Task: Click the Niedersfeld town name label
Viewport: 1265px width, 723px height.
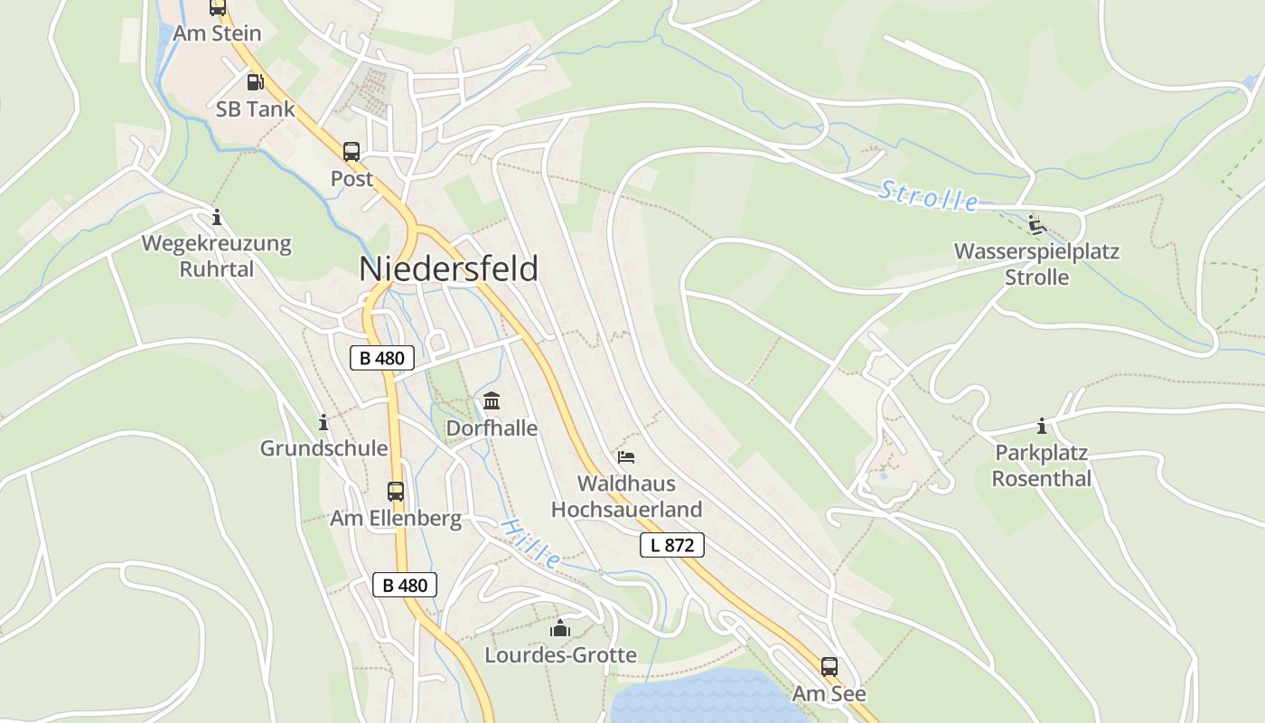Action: [x=449, y=269]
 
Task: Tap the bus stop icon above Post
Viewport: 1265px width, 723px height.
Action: [x=351, y=152]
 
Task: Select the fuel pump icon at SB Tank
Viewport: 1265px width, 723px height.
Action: [x=256, y=82]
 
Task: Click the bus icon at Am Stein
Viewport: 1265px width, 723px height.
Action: [x=218, y=7]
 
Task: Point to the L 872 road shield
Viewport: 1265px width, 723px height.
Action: [x=671, y=545]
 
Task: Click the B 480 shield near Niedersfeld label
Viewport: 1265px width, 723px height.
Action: [x=381, y=358]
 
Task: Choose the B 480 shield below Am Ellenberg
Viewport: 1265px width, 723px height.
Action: [x=405, y=585]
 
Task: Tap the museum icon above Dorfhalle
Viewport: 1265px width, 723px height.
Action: [x=492, y=400]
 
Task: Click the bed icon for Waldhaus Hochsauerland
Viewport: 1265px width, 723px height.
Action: [x=626, y=457]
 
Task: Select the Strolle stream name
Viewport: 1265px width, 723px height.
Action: [x=929, y=196]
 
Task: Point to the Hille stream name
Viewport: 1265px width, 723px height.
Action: [x=531, y=542]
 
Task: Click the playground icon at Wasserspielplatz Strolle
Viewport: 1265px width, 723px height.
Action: [x=1036, y=224]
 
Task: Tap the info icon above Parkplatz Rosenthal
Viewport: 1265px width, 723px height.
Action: [x=1042, y=426]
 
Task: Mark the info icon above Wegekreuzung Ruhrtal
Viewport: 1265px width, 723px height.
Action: [x=216, y=217]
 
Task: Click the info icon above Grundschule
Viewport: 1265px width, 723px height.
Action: [x=323, y=422]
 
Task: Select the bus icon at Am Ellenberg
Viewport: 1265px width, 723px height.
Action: [x=396, y=492]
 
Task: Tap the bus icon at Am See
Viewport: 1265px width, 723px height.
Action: [x=829, y=667]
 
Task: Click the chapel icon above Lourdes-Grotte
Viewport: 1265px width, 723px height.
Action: [x=560, y=628]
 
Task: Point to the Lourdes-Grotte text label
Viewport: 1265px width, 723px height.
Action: [x=560, y=655]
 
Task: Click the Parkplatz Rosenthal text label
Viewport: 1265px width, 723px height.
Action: [x=1042, y=465]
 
